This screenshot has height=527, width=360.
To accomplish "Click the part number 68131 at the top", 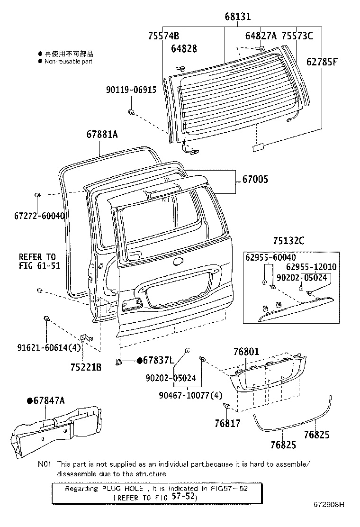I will click(237, 18).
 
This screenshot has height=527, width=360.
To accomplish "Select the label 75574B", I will click(163, 36).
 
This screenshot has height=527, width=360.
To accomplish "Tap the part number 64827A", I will click(261, 36).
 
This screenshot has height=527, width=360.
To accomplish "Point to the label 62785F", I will click(322, 61).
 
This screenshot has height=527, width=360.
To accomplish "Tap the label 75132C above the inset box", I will click(288, 240).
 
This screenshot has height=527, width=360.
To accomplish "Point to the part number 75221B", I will click(86, 366).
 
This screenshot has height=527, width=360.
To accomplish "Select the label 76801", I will click(246, 352).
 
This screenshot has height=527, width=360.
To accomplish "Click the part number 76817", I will click(227, 423).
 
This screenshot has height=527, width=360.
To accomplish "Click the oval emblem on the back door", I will click(179, 261).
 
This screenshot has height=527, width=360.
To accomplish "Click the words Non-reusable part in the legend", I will click(68, 62).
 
